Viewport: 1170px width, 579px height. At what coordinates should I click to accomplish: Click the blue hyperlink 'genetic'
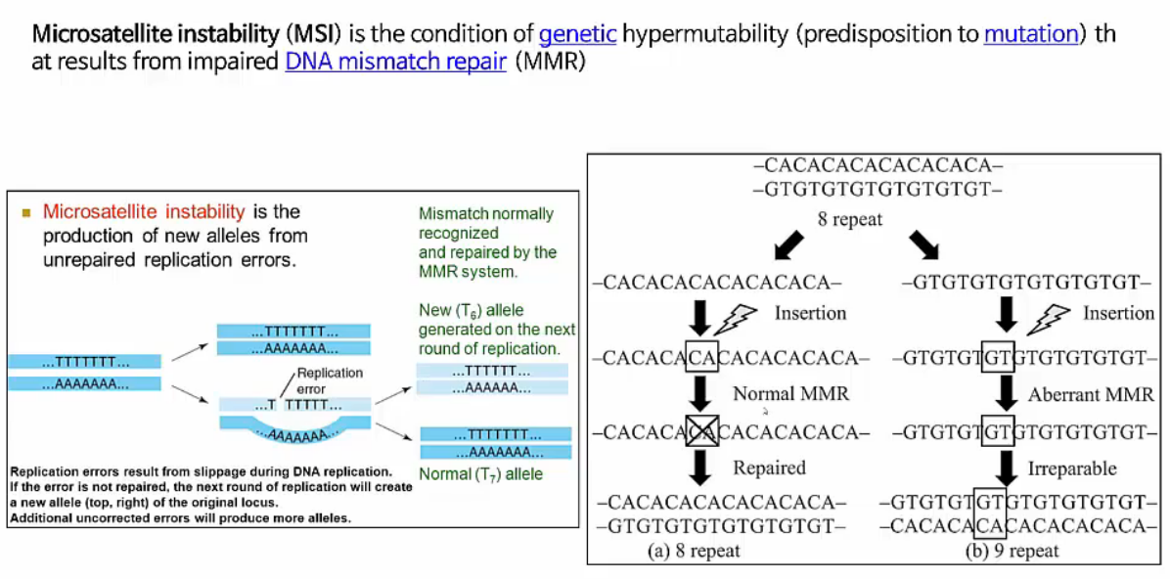click(x=577, y=35)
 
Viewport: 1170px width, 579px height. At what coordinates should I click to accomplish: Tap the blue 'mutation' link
click(x=1030, y=35)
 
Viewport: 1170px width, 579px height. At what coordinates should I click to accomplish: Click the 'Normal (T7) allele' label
click(x=480, y=475)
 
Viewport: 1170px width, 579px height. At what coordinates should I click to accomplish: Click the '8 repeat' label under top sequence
click(x=850, y=220)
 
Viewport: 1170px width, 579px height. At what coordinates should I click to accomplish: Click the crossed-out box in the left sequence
click(x=700, y=432)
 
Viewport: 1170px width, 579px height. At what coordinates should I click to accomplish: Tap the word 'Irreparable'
click(x=1072, y=468)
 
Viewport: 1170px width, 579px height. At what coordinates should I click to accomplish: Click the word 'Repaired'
click(x=770, y=468)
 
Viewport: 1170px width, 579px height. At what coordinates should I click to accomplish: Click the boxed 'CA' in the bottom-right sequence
click(x=992, y=528)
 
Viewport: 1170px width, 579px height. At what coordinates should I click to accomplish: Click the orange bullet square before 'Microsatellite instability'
click(x=26, y=212)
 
